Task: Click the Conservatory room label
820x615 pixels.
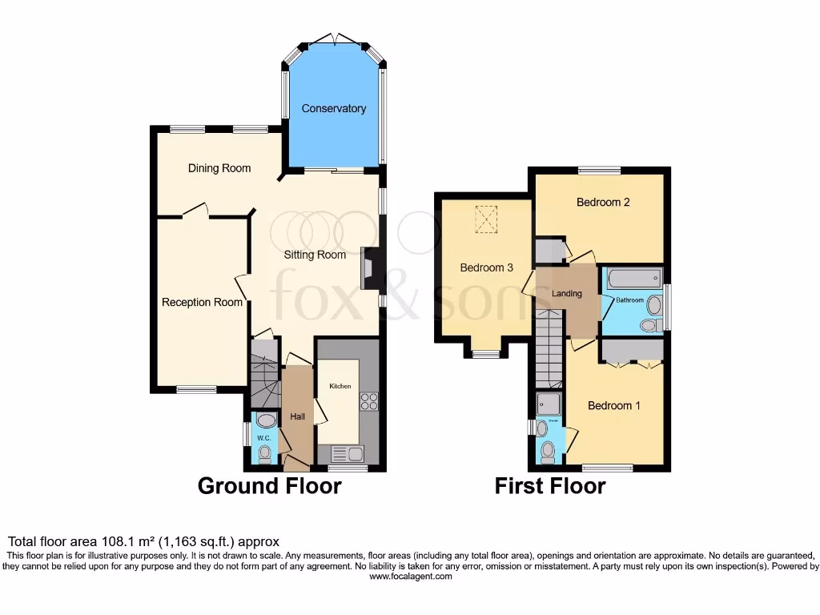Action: (333, 108)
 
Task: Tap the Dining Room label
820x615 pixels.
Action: (219, 168)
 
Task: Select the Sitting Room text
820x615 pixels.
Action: (316, 255)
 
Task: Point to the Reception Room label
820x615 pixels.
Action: (202, 302)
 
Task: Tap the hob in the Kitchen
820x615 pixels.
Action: (369, 401)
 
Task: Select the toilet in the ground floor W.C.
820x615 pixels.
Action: (264, 454)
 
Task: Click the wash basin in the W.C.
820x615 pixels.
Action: (264, 421)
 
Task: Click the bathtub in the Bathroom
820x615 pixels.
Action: (633, 279)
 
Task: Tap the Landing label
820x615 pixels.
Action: (567, 294)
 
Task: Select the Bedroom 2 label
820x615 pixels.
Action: (603, 203)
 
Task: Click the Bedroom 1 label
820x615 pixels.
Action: (614, 405)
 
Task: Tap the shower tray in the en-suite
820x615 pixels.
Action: (549, 404)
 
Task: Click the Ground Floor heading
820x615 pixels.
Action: (269, 486)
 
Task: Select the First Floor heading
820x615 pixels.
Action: (550, 486)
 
